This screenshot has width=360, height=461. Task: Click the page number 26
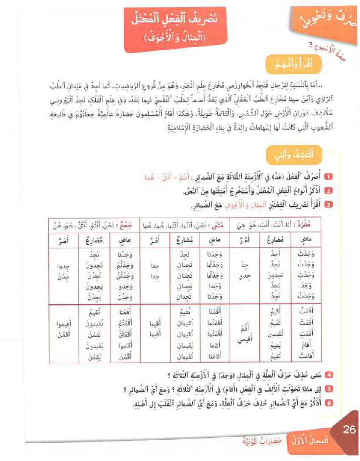coord(349,430)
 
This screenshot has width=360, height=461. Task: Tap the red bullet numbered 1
coord(329,176)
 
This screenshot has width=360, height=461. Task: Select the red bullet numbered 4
coord(329,374)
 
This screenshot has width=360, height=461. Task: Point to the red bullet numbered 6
coord(329,401)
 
